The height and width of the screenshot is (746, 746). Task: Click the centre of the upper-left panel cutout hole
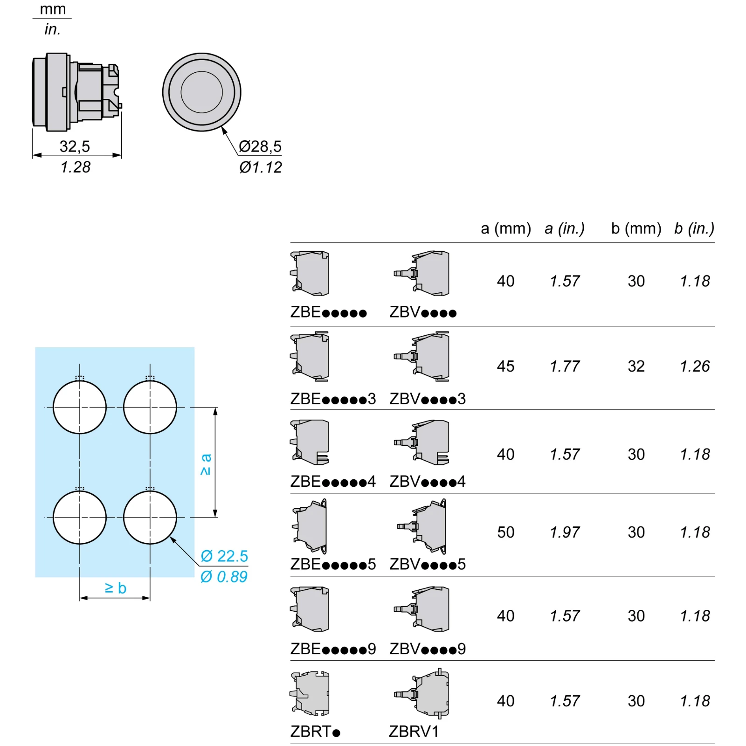click(x=80, y=407)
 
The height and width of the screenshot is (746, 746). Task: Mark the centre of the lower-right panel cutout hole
click(x=150, y=517)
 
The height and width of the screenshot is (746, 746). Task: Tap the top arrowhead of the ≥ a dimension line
click(x=215, y=408)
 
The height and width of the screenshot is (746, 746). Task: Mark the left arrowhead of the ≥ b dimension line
click(x=80, y=598)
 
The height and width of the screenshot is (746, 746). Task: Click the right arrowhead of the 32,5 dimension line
click(x=121, y=155)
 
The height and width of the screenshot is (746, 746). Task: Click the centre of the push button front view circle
click(x=202, y=92)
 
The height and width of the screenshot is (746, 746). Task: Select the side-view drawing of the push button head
click(x=77, y=91)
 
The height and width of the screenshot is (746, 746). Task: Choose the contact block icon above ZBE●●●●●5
click(x=309, y=526)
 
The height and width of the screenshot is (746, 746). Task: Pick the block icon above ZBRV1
click(x=421, y=693)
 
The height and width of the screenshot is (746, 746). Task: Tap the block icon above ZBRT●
click(x=310, y=693)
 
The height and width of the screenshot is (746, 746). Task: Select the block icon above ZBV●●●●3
click(x=421, y=357)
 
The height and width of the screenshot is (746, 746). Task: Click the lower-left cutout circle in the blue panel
click(x=80, y=517)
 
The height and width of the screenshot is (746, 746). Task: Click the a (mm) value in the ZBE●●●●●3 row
click(x=505, y=366)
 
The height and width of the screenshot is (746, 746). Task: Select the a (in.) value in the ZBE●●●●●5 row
click(x=565, y=532)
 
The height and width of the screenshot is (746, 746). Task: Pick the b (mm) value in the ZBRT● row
click(x=636, y=701)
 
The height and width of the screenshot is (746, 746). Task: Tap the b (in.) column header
click(x=694, y=228)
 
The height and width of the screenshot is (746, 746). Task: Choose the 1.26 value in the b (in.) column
click(x=695, y=366)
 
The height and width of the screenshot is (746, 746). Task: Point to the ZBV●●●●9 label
click(x=428, y=649)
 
